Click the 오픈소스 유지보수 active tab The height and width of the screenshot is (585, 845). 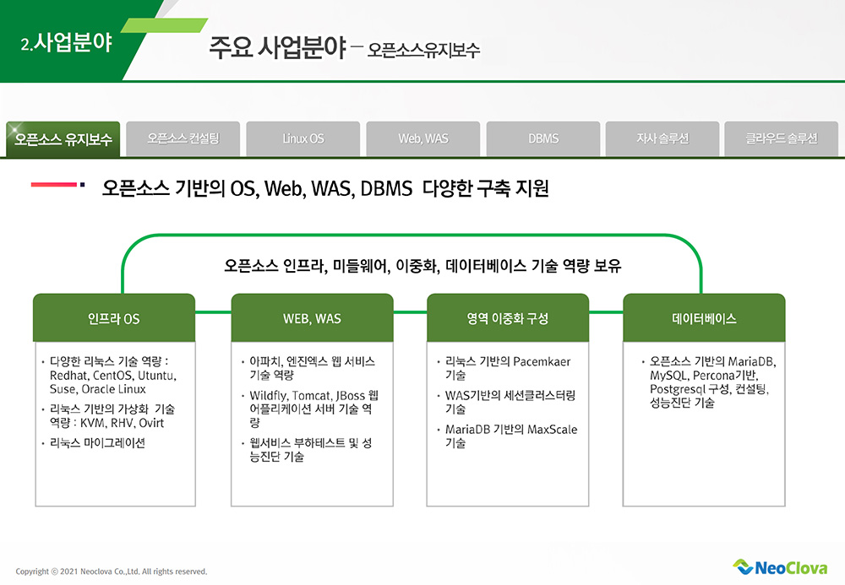63,139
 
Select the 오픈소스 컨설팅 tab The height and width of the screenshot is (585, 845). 183,138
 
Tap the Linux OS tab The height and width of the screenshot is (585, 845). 303,138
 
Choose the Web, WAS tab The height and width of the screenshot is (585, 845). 423,138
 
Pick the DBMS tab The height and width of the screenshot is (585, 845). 543,138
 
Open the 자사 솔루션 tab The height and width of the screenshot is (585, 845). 662,138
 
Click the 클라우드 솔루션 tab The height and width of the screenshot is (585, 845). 782,138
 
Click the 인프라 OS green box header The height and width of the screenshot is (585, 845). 113,319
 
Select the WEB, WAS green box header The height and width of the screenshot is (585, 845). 312,319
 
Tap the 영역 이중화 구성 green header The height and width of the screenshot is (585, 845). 508,319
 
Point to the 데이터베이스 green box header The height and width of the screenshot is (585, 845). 704,319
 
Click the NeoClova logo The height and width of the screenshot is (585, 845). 780,567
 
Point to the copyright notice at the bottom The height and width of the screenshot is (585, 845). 112,571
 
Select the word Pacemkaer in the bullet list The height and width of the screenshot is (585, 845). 542,361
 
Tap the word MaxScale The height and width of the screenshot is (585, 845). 552,430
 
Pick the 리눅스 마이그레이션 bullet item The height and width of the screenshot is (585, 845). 97,442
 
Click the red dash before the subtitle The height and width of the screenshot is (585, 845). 54,185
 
